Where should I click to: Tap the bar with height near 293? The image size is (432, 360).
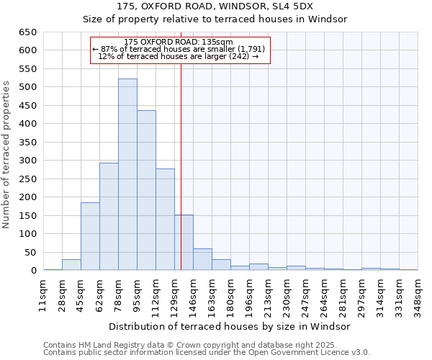(x=109, y=216)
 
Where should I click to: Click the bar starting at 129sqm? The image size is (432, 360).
(x=184, y=243)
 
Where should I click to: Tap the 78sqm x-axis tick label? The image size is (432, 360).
(x=118, y=294)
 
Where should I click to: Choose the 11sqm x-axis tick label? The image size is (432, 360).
(x=43, y=294)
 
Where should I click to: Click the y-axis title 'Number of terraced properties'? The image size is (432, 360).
(x=7, y=155)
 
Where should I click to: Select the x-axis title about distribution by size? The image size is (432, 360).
(x=231, y=326)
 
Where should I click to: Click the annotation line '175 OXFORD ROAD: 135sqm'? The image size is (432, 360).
(x=179, y=42)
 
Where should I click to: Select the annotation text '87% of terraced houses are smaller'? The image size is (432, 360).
(x=179, y=49)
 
